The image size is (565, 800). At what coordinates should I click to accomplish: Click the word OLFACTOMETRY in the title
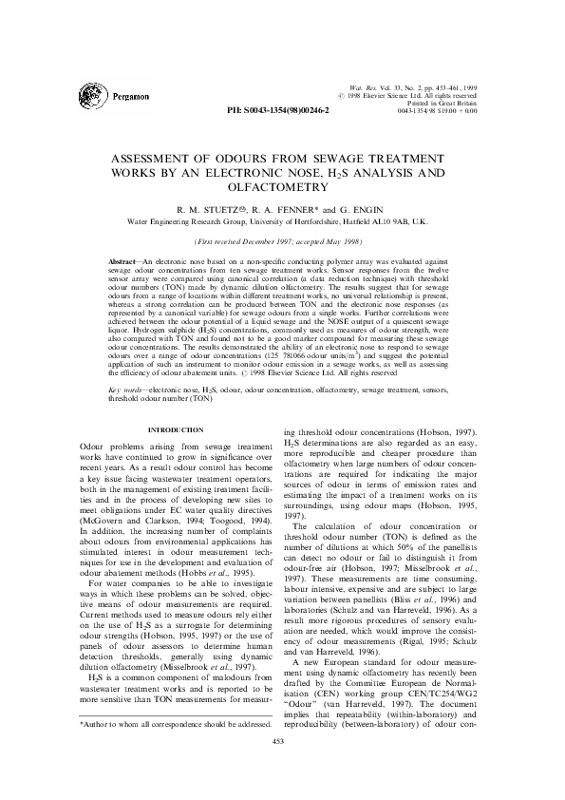(x=282, y=189)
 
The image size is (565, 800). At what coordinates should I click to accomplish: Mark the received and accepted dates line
(x=281, y=242)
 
